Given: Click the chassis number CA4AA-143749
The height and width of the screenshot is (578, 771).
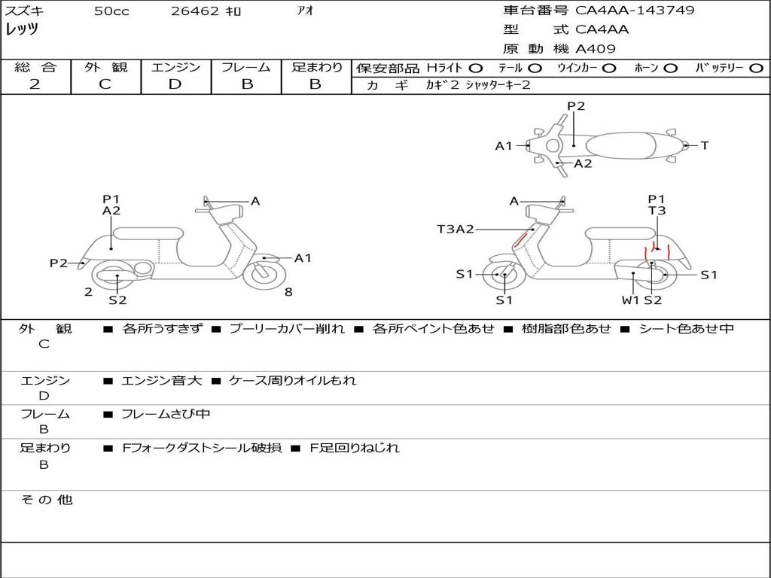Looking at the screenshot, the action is point(635,11).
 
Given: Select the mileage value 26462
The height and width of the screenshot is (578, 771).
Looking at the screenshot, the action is point(195,11).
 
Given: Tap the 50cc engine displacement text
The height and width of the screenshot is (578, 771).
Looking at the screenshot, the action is point(111,11).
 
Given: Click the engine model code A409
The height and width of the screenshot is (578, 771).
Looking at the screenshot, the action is point(596,49).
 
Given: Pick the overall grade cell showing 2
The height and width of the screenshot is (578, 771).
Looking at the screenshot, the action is point(35,84).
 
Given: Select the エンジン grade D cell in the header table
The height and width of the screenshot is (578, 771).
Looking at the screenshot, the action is point(175,84).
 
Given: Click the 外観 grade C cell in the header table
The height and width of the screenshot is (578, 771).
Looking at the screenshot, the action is point(105,84).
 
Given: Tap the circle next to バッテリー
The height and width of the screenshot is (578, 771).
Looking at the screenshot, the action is point(756,68).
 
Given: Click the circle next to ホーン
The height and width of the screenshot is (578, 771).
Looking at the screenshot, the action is point(670,68).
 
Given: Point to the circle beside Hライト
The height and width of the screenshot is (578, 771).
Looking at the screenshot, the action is point(475,68).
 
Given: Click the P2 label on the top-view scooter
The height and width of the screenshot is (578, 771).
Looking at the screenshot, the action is point(576,106).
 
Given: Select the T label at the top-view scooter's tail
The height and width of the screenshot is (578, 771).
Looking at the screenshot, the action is point(705,145).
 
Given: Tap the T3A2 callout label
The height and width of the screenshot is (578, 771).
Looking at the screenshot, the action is point(456,229).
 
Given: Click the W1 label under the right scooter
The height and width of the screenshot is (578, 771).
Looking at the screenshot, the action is point(630,300).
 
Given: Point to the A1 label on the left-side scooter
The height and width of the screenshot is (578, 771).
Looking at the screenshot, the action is point(303,258).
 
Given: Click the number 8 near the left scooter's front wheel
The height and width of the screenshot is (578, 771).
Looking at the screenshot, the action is point(288,292).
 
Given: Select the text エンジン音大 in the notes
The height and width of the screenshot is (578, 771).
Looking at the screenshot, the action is point(162,381).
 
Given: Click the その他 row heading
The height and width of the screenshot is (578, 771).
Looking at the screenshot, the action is point(47,500).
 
